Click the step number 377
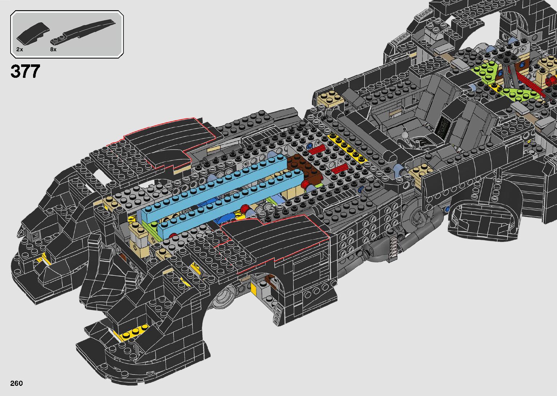pyautogui.click(x=25, y=71)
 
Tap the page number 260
pyautogui.click(x=16, y=383)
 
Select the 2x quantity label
pyautogui.click(x=20, y=49)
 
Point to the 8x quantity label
pyautogui.click(x=53, y=49)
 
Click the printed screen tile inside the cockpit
pyautogui.click(x=443, y=127)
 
